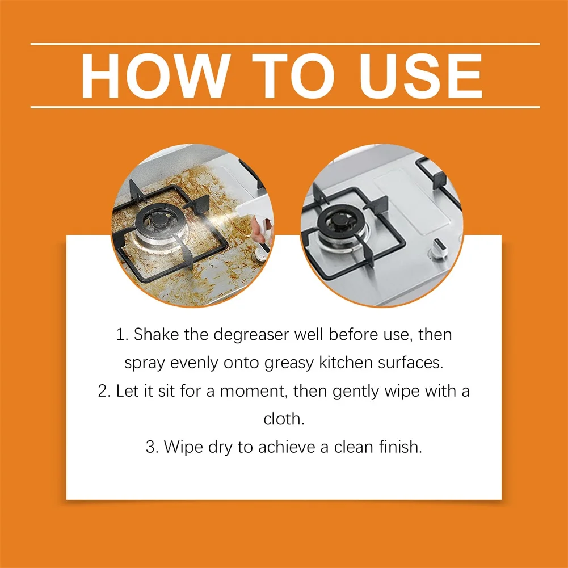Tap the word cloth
(284, 419)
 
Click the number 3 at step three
(151, 447)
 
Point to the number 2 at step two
(103, 391)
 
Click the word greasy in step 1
(289, 363)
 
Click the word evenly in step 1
(194, 363)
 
